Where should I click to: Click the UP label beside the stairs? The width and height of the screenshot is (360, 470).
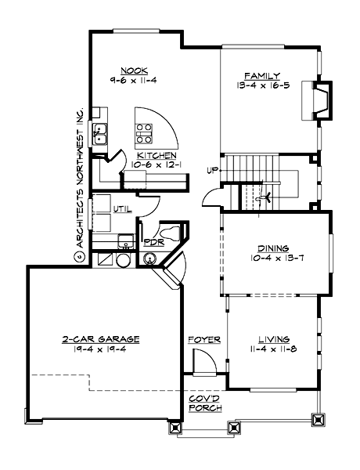point(212,170)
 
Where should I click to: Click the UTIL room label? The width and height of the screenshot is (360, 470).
point(122,209)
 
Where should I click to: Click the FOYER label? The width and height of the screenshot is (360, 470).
point(203,340)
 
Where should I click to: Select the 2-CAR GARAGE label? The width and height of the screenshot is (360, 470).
point(101,339)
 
